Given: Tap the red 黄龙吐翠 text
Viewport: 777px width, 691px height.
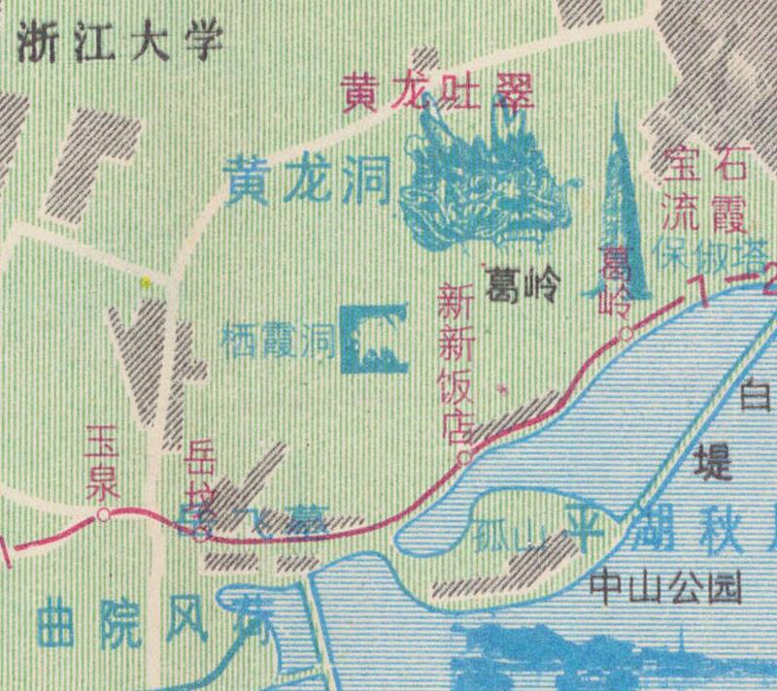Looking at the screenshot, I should click(439, 93).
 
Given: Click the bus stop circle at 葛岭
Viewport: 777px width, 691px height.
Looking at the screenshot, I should click(627, 335).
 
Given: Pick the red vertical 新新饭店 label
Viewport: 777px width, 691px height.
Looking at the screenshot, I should click(456, 363).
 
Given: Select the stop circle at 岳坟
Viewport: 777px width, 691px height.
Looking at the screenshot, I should click(201, 534).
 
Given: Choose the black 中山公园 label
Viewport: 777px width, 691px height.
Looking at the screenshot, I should click(665, 586).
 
